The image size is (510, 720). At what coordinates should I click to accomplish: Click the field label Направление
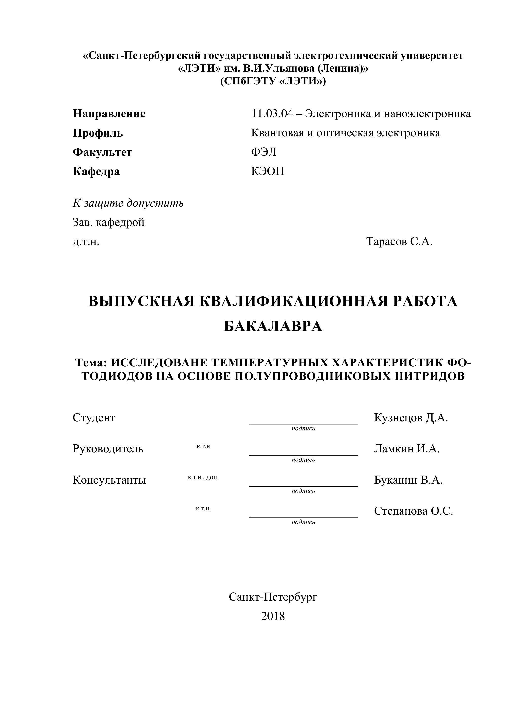click(x=109, y=114)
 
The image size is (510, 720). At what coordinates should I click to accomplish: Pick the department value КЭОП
click(x=268, y=172)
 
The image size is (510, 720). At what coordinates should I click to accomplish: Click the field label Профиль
click(x=98, y=133)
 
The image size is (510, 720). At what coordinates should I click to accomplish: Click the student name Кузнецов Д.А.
click(x=411, y=418)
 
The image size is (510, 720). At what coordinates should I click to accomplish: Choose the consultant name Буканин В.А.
click(x=408, y=480)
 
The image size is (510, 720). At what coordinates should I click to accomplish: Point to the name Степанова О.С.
click(x=413, y=511)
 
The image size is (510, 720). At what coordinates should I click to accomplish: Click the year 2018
click(x=273, y=616)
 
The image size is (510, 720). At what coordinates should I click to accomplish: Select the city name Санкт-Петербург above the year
click(x=273, y=597)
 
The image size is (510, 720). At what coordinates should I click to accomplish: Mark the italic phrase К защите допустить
click(x=128, y=203)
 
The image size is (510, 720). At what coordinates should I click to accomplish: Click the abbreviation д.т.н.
click(x=86, y=242)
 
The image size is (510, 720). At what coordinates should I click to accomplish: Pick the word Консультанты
click(x=109, y=480)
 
